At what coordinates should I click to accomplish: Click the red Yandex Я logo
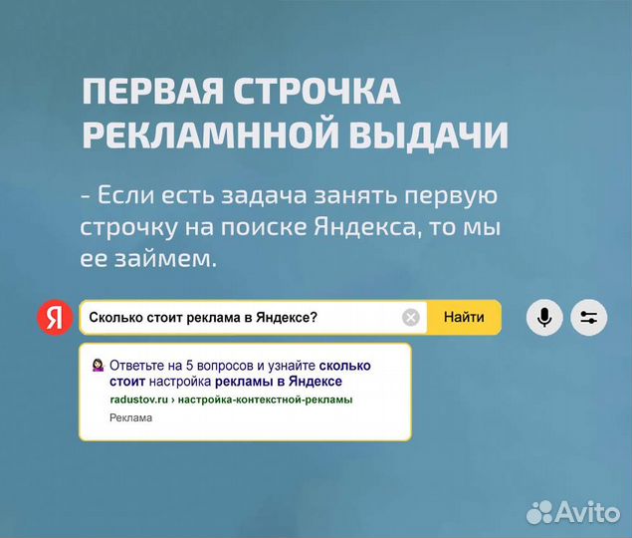56,318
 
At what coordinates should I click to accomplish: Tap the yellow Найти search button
464,318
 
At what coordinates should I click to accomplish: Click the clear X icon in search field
411,318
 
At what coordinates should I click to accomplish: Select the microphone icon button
544,318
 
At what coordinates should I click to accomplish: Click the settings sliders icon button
588,318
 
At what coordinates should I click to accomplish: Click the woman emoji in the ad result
97,365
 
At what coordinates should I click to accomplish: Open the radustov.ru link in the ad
138,400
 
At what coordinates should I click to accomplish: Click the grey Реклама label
130,418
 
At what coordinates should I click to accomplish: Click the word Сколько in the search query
115,318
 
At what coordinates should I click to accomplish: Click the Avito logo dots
542,510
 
